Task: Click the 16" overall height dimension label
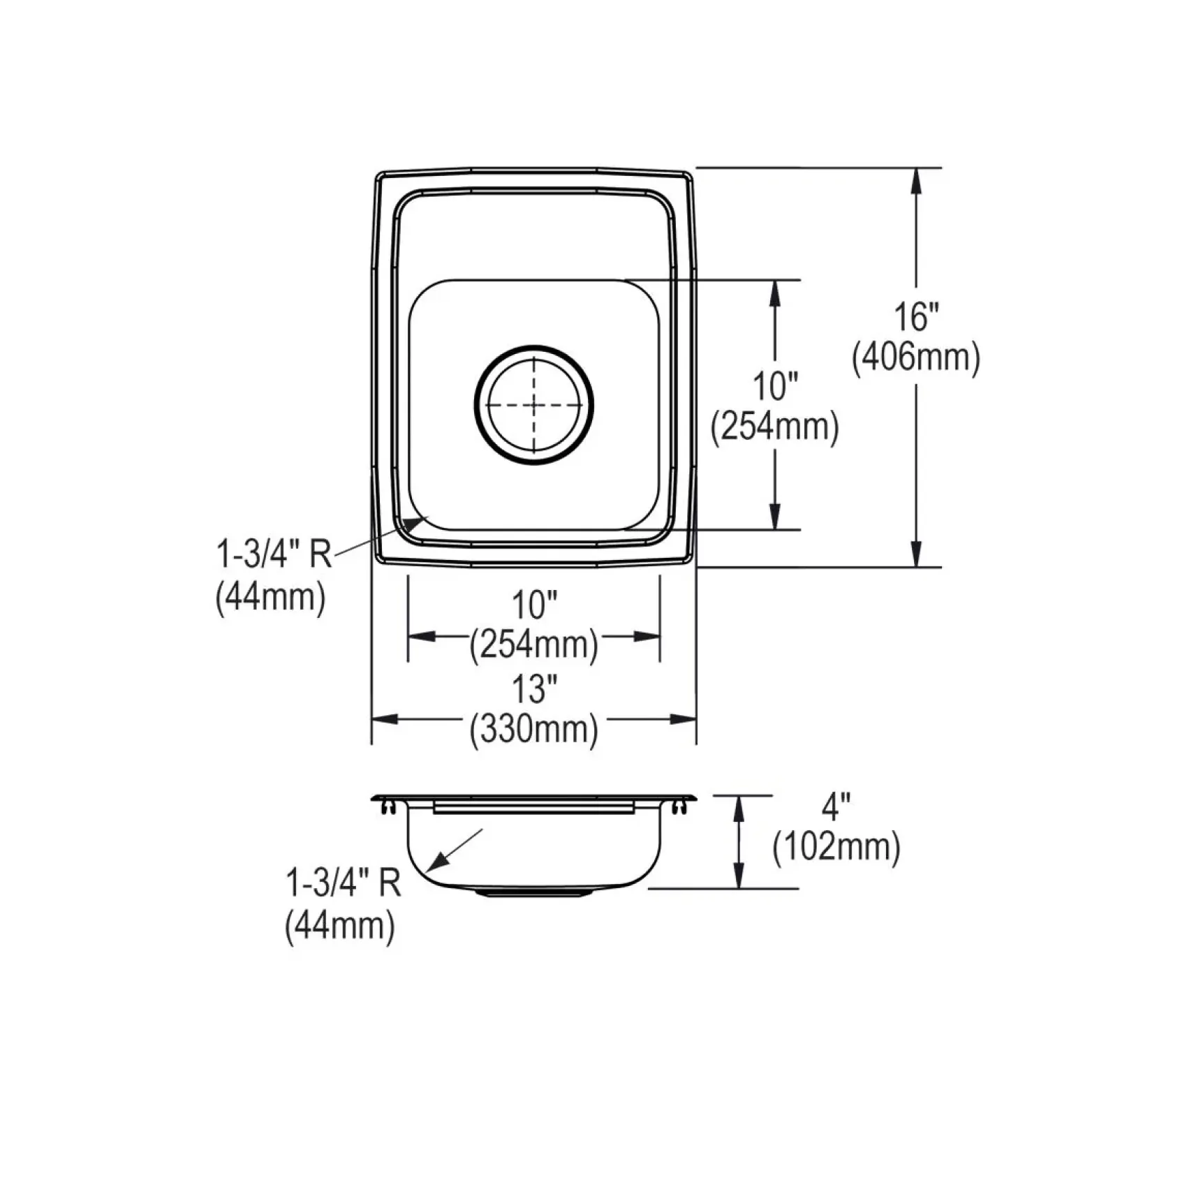click(x=916, y=318)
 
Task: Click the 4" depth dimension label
click(x=836, y=808)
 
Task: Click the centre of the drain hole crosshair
click(x=535, y=405)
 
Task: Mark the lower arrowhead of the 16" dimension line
click(x=916, y=553)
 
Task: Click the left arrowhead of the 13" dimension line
click(x=385, y=719)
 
